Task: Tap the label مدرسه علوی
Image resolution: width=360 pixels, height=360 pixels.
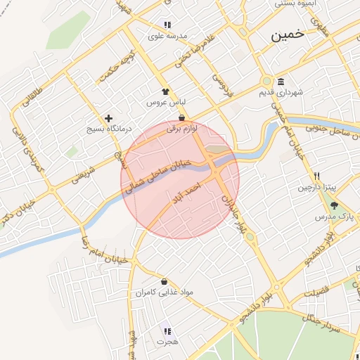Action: [167, 35]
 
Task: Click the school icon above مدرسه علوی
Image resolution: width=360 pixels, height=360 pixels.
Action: [167, 25]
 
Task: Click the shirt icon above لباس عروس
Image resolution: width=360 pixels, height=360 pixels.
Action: [165, 91]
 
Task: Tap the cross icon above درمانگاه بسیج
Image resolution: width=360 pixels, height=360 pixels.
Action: [108, 118]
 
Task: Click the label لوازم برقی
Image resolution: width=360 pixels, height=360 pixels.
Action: [182, 129]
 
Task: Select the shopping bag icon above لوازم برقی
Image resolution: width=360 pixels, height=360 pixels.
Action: [182, 118]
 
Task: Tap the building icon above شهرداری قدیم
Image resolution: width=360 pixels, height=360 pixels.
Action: [281, 81]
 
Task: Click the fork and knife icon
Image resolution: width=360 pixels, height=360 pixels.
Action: [317, 176]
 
